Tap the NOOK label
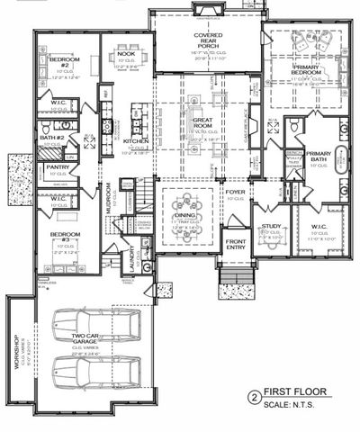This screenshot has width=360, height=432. [x=126, y=53]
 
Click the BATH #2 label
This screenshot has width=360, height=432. [x=53, y=138]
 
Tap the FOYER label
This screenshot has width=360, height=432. [x=236, y=192]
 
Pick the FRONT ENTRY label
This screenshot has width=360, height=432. [x=236, y=246]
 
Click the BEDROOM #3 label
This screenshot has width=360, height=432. [x=59, y=241]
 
